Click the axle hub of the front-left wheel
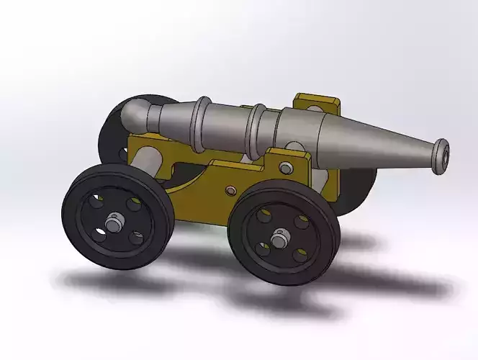pos(115,222)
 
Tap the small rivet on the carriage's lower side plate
pos(230,190)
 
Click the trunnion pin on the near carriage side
pos(286,168)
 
